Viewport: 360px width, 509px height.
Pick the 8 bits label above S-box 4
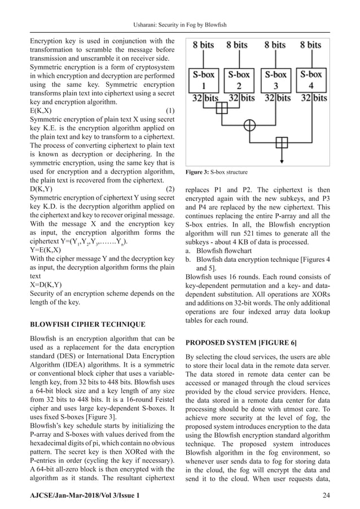click(x=310, y=45)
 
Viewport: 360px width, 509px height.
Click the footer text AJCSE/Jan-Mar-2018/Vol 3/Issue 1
click(x=80, y=495)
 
